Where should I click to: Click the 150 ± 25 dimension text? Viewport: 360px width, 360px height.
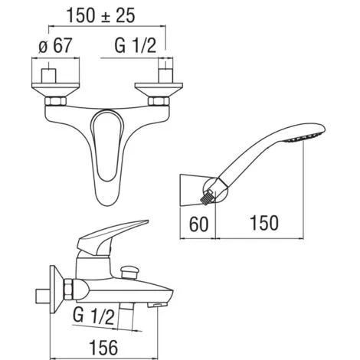(100, 15)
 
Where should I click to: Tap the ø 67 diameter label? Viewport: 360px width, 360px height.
(55, 45)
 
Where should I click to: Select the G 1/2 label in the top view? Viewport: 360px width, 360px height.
(136, 45)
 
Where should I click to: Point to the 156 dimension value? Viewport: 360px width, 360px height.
(103, 347)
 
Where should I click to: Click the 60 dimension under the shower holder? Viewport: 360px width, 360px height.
(198, 224)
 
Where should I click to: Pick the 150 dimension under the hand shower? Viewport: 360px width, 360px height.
(264, 223)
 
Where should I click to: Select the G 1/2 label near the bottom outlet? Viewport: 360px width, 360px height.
(93, 316)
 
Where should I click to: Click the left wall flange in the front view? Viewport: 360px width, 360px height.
(55, 90)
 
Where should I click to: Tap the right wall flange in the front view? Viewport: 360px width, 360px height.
(159, 90)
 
